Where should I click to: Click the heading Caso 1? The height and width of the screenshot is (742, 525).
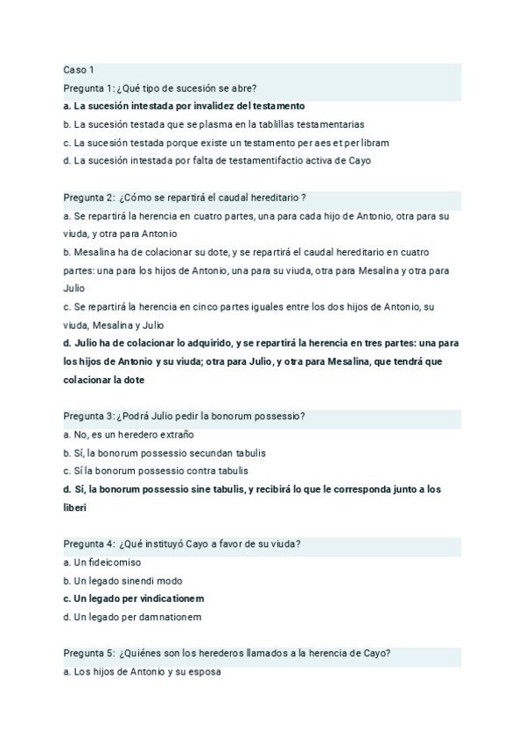(x=79, y=69)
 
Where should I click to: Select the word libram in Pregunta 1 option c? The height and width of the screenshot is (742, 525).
(x=374, y=143)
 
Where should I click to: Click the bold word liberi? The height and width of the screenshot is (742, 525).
(x=76, y=507)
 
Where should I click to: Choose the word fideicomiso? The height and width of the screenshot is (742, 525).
(x=113, y=562)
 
